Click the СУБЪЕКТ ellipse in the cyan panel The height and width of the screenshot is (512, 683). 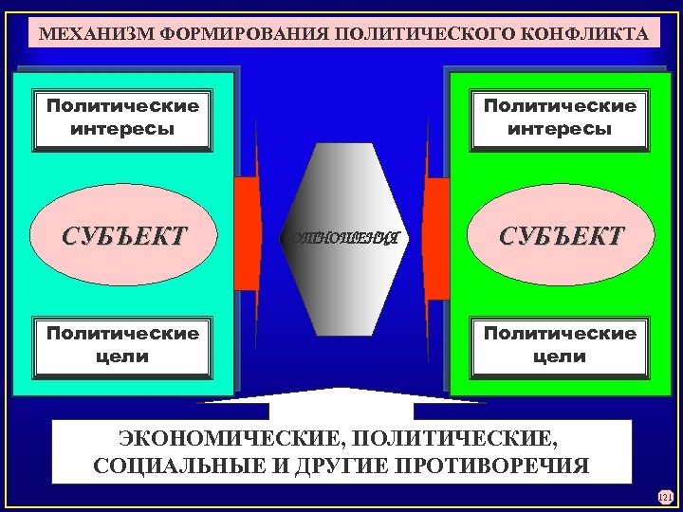[x=123, y=234]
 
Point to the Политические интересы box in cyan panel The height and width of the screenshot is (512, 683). [x=123, y=118]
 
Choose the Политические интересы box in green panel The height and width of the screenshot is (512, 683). [x=560, y=118]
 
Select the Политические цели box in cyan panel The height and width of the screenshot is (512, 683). [x=123, y=345]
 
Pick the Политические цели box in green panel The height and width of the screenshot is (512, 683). [x=560, y=345]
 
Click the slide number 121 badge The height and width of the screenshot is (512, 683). [x=664, y=496]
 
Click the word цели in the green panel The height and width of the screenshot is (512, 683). [x=560, y=357]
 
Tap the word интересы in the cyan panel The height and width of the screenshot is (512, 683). [x=123, y=129]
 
